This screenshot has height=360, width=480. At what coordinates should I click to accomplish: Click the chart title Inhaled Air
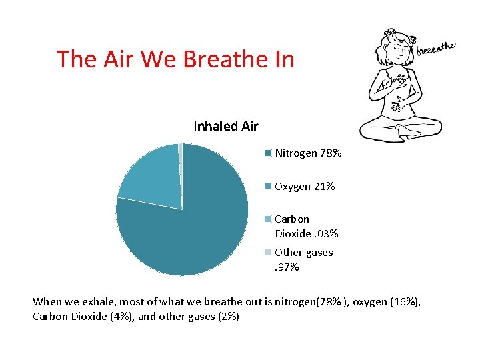tap(225, 126)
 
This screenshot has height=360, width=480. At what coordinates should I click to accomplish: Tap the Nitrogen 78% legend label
tap(308, 153)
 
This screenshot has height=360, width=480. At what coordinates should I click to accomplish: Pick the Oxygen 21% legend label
tap(305, 187)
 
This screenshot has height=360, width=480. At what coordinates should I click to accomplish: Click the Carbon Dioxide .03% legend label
tap(306, 226)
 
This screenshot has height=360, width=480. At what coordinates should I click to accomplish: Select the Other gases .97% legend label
tap(303, 259)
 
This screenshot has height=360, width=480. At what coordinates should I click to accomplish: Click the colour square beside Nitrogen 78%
tap(268, 153)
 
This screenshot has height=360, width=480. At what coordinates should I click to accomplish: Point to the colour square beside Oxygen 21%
tap(268, 187)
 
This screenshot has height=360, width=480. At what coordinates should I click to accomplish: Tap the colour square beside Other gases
tap(268, 253)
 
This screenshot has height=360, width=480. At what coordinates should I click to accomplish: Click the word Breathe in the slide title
tap(225, 59)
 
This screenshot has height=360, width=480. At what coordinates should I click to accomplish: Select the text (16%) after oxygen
tap(406, 302)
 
